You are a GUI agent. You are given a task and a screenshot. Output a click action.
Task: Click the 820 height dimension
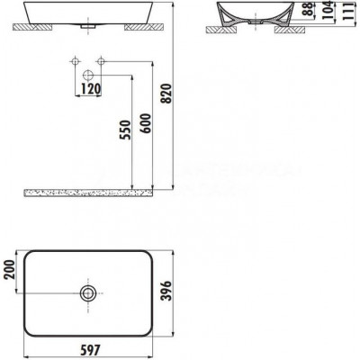coord(166,94)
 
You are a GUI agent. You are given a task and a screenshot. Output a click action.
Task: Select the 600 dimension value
coord(146,123)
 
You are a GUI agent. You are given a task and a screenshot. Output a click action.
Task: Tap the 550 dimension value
coord(125,130)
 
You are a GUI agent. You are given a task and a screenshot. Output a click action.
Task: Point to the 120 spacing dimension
coord(91,89)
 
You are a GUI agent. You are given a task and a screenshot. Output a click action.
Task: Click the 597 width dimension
coord(90,349)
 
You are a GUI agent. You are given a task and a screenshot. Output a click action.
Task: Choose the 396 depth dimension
coord(166,291)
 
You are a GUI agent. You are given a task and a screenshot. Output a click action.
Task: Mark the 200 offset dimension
coord(9,269)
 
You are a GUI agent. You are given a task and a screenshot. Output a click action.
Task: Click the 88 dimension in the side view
coord(307,10)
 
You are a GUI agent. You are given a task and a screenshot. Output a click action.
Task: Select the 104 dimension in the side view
coord(328,10)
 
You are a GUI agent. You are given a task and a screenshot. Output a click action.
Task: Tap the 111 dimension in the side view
coord(349,12)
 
